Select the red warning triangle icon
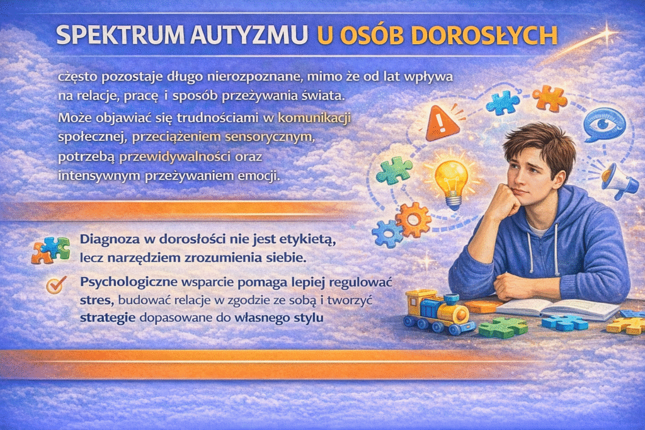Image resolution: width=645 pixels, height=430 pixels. click(442, 123)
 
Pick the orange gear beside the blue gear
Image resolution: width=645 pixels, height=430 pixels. click(413, 219)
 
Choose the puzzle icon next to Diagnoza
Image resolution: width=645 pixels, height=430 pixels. click(50, 249)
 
